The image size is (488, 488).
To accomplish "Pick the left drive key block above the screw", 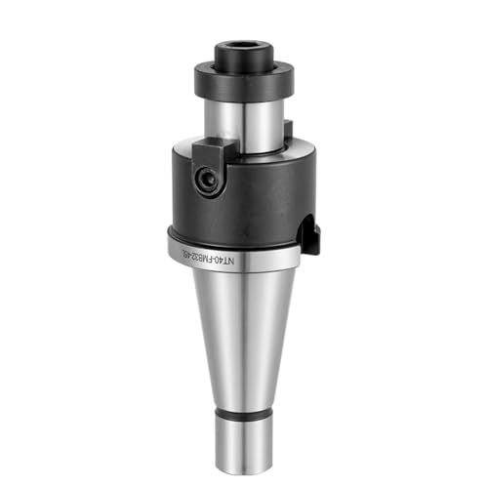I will (209, 150).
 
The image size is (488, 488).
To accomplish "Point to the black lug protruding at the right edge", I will (311, 234).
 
